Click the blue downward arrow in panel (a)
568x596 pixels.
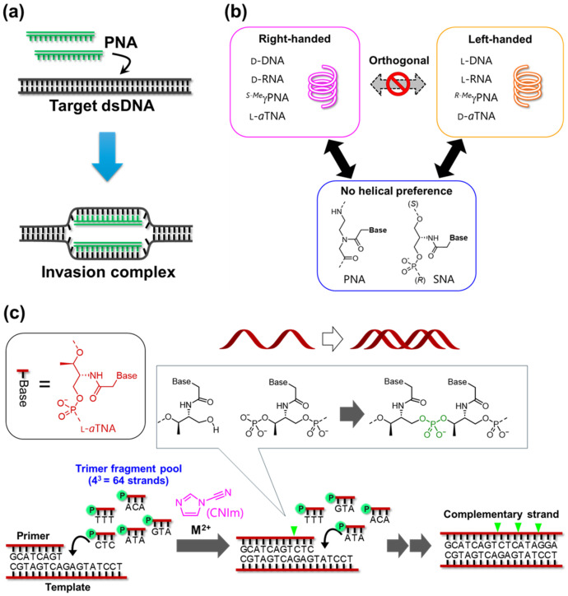[108, 156]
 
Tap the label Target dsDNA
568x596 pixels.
[102, 105]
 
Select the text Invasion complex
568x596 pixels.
[109, 272]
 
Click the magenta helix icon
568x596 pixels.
[323, 86]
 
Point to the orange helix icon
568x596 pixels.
[528, 86]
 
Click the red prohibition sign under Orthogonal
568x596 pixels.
[398, 85]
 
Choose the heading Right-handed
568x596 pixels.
[295, 39]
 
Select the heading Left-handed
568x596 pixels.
[500, 40]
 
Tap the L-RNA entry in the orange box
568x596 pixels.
[476, 79]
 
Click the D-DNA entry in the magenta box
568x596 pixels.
[268, 61]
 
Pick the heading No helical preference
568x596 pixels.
[397, 191]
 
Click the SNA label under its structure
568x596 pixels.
[444, 279]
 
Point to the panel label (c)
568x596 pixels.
[14, 313]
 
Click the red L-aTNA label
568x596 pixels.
[98, 428]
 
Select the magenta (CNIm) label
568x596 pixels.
[225, 512]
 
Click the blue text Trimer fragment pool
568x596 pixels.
[128, 468]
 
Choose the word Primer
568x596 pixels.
[33, 536]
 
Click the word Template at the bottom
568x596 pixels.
[68, 587]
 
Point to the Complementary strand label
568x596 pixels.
[501, 515]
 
